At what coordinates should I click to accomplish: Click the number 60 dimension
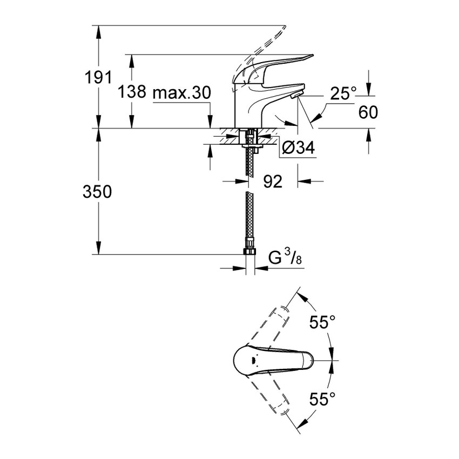368,112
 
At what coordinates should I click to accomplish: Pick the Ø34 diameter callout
297,147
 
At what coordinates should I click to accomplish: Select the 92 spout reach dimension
273,181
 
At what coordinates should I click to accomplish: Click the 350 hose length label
98,192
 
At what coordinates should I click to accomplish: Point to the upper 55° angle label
322,323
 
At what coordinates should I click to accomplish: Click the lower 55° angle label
322,399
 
